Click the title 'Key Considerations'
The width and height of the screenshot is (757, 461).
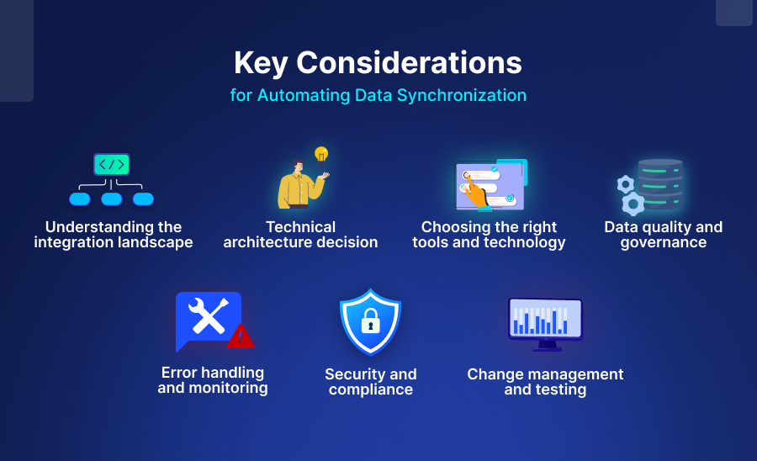378,63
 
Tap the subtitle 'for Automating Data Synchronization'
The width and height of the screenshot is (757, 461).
378,95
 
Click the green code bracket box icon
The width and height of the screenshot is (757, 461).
112,164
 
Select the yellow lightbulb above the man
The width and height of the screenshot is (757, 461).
320,154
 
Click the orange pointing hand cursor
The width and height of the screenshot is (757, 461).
476,193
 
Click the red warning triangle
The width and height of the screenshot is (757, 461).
241,336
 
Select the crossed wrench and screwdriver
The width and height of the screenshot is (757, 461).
206,316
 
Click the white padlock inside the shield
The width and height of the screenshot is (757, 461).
370,321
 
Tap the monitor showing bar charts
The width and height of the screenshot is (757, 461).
545,322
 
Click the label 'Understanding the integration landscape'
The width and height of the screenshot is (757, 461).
114,235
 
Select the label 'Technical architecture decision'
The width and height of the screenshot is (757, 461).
300,235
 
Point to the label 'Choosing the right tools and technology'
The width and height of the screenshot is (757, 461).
489,235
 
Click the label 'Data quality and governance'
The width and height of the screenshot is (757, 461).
663,235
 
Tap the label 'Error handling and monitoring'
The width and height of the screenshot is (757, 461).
213,380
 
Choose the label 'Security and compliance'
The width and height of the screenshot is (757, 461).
371,382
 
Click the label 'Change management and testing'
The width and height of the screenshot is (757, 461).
545,382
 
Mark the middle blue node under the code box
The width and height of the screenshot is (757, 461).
112,199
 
